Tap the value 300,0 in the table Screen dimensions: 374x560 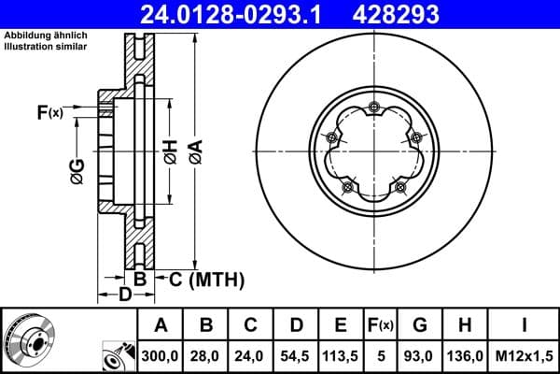coord(161,356)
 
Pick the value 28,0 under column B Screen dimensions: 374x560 coord(206,356)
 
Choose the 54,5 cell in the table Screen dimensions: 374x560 coord(296,356)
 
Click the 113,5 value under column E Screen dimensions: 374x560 coord(341,356)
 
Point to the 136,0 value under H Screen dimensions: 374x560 coord(467,356)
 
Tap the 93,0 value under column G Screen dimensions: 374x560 coord(421,356)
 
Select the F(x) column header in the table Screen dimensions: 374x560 coord(380,325)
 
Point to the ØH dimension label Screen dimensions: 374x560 coord(170,151)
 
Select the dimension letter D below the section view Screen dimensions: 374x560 coord(124,296)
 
